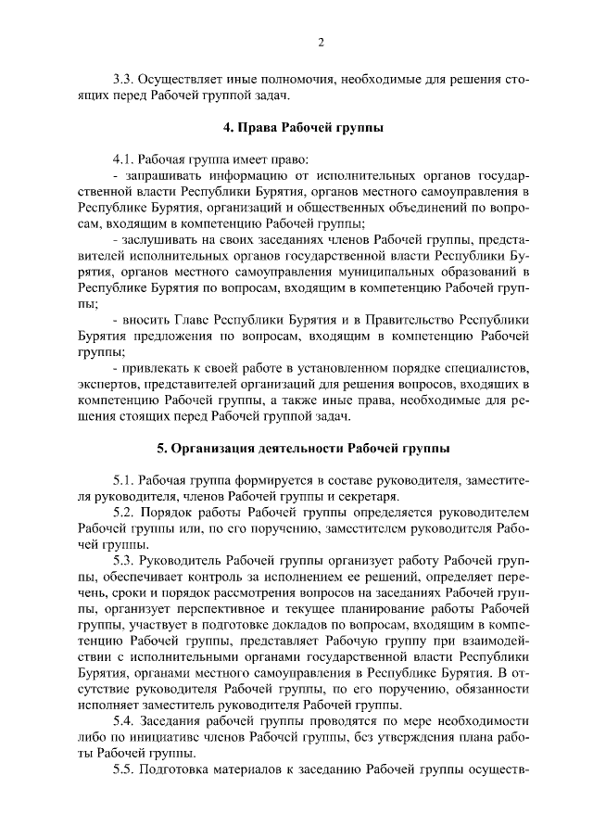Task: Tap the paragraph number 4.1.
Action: pyautogui.click(x=124, y=158)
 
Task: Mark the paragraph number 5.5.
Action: pyautogui.click(x=124, y=769)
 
